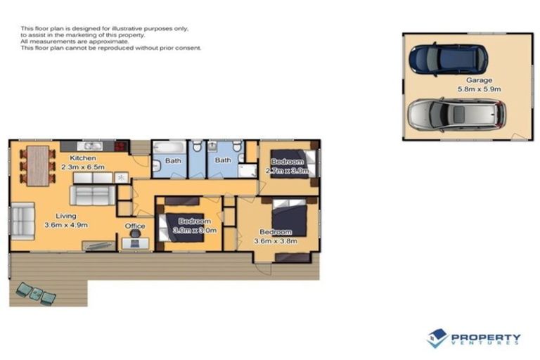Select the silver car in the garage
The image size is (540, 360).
click(456, 115)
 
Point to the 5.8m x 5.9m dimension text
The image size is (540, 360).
click(479, 89)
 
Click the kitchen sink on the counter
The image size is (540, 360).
click(91, 146)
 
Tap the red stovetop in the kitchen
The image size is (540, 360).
click(121, 146)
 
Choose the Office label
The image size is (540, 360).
click(134, 226)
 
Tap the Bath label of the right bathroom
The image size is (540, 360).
click(223, 160)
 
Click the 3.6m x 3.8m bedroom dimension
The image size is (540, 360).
click(276, 241)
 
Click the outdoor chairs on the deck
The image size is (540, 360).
click(36, 293)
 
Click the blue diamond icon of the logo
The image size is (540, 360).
click(437, 338)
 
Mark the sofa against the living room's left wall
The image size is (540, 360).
click(22, 221)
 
